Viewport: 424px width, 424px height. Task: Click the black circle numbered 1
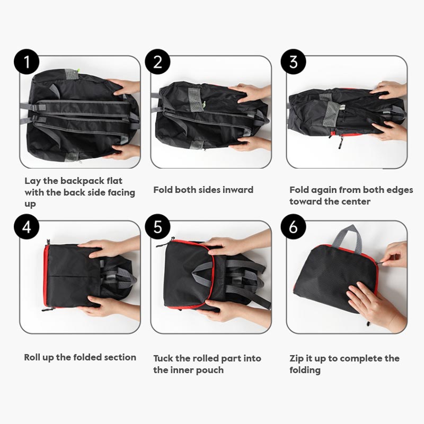(x=26, y=61)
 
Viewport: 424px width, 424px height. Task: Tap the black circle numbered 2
(x=157, y=61)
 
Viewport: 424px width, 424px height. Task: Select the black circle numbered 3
(x=294, y=61)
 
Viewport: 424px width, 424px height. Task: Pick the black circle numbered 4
(x=26, y=227)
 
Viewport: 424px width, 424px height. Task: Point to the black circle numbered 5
(x=157, y=227)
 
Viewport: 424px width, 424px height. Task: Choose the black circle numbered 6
(x=294, y=227)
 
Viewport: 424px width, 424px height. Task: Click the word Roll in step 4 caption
(x=32, y=357)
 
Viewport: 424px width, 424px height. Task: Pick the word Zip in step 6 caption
(x=296, y=358)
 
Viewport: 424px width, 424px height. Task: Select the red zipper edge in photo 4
(x=46, y=276)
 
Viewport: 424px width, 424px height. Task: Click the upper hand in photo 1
(x=125, y=87)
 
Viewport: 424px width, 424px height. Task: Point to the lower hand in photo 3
(x=390, y=131)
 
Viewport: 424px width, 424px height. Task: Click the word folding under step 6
(x=305, y=370)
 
